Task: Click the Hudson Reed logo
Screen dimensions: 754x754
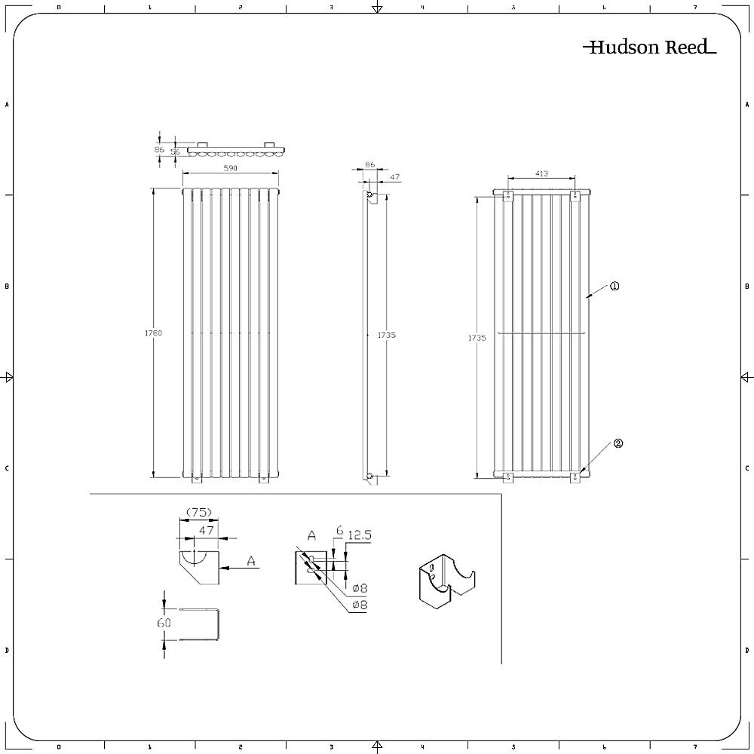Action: coord(650,47)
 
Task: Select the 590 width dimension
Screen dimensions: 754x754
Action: coord(231,168)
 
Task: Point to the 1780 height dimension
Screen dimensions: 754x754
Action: coord(153,333)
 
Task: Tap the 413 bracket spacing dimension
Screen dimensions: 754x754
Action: coord(541,173)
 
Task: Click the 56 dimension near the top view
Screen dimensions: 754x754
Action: coord(175,152)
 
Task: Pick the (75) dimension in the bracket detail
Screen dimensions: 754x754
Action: coord(198,513)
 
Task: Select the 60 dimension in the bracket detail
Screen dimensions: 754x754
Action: coord(164,623)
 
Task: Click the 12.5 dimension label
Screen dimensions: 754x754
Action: coord(360,535)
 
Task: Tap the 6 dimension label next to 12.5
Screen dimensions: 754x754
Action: coord(339,531)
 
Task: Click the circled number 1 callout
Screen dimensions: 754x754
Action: coord(615,286)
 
